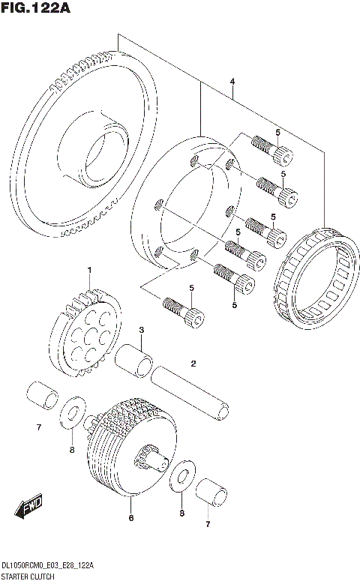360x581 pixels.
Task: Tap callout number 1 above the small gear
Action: pos(88,271)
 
